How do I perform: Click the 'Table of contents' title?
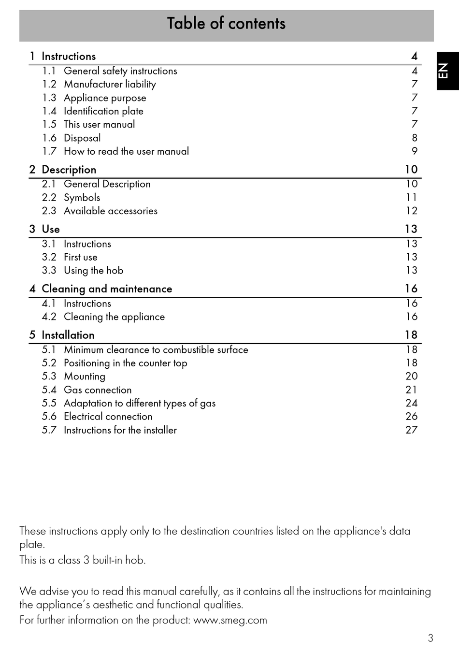pos(226,24)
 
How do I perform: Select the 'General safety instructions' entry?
pos(120,71)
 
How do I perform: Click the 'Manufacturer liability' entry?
pos(110,84)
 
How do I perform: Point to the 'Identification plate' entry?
pos(103,111)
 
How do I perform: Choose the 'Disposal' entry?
pos(82,138)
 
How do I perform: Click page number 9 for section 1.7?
pos(414,151)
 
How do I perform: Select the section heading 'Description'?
pos(69,170)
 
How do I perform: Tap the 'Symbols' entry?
pos(82,198)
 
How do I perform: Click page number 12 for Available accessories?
pos(411,211)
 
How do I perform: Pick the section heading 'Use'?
pos(51,229)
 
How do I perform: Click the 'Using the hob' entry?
pos(93,271)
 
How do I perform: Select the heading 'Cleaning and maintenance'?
pos(107,289)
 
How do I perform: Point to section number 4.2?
pos(49,317)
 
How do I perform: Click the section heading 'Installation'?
pos(68,335)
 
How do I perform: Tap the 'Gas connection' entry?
pos(98,390)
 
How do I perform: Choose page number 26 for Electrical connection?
pos(411,417)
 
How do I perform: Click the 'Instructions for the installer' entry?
pos(120,430)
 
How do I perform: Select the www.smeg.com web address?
pos(230,620)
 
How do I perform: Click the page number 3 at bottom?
pos(430,638)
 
